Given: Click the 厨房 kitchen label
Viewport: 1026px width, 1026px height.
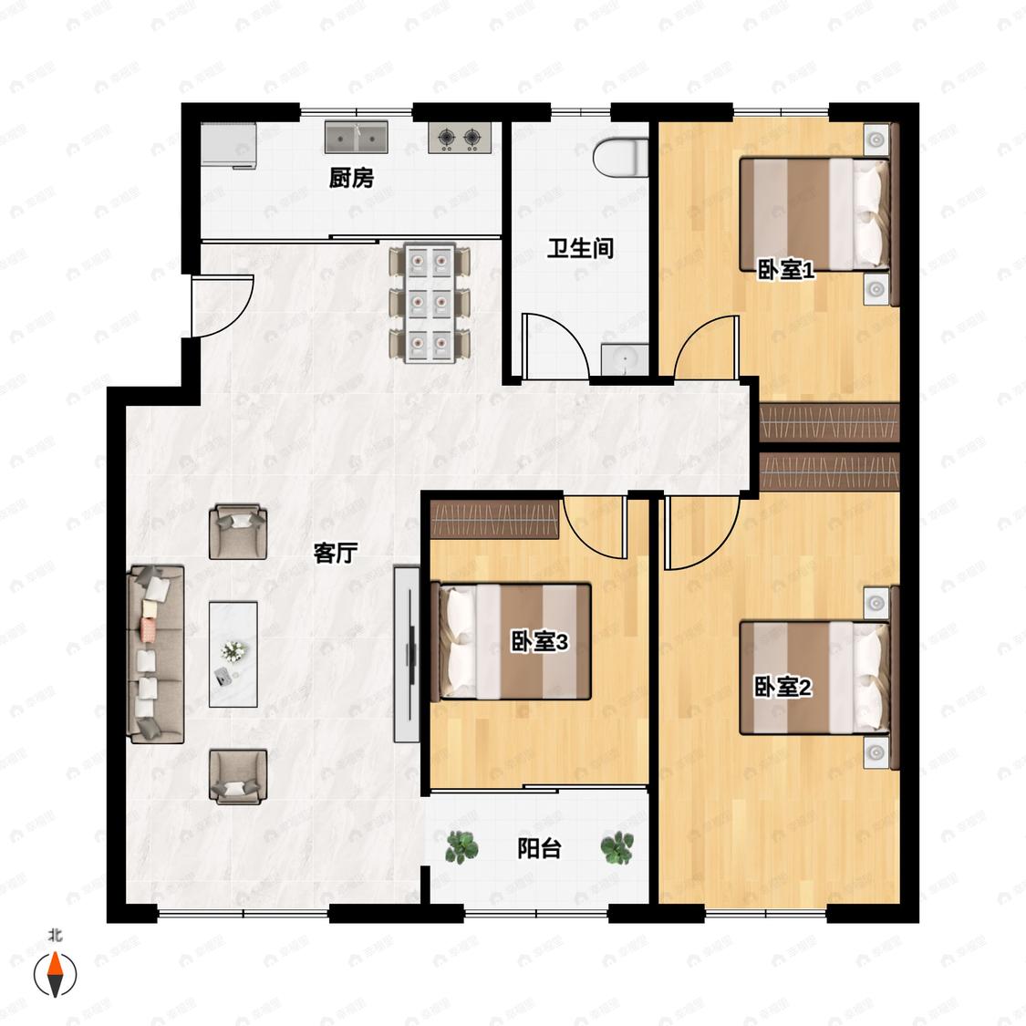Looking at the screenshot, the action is pos(351,177).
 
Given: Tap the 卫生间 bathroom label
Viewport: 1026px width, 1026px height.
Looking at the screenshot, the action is pos(580,249).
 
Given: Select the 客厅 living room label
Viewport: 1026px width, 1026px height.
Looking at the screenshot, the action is pos(335,553).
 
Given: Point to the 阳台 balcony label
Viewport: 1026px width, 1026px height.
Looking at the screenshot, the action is pos(540,849).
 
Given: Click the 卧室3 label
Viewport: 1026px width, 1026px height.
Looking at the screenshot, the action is pos(540,642).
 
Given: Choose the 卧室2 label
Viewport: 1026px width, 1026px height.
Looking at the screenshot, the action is pos(783,687).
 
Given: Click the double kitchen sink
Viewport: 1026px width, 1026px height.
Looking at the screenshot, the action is pos(357,137).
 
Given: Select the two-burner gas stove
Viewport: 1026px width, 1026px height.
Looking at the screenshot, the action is pos(460,138).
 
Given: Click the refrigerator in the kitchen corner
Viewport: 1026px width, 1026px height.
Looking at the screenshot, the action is pos(228,145).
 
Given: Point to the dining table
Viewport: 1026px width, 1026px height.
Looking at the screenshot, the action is pos(430,302).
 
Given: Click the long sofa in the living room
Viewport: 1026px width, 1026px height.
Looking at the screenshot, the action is pos(155,654).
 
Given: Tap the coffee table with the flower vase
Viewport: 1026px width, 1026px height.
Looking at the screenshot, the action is pos(233,654).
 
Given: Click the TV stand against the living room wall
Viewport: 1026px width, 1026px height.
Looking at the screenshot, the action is pos(407,654).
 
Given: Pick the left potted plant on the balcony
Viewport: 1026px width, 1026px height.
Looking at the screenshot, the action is pos(461,847).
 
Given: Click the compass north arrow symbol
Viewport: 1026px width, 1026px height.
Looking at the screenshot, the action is pos(56,974).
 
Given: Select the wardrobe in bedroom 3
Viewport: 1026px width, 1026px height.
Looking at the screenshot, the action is pos(494,519).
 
